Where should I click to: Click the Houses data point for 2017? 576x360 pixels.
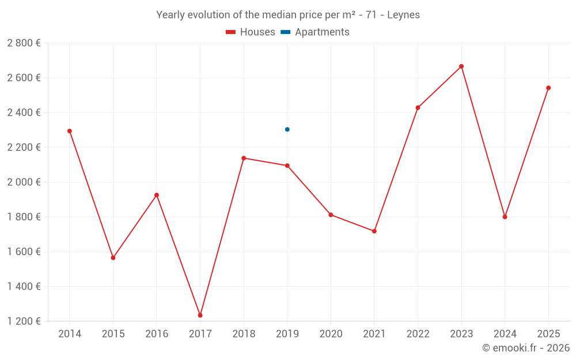[x=200, y=315]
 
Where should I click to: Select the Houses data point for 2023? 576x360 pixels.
[x=461, y=66]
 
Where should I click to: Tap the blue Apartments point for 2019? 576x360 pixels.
[x=287, y=129]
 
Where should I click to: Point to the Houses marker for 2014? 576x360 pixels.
[x=70, y=131]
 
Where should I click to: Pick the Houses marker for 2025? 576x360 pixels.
[x=548, y=88]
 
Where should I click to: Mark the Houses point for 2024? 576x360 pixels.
[x=505, y=217]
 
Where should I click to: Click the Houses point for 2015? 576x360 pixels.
[x=113, y=257]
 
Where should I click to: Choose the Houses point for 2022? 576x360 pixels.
[x=418, y=108]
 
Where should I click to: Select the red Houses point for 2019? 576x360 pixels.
[x=287, y=165]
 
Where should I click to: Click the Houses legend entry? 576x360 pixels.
[x=251, y=32]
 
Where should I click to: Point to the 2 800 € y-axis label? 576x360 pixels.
[x=24, y=43]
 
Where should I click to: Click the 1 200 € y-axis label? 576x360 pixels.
[x=24, y=321]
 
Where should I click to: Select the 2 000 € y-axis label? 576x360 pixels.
[x=24, y=182]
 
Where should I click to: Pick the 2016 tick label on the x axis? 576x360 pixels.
[x=157, y=334]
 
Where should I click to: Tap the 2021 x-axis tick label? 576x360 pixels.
[x=374, y=334]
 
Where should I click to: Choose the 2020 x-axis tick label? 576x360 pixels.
[x=331, y=334]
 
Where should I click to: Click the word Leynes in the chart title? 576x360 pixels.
[x=403, y=15]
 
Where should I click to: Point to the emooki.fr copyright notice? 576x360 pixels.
[x=526, y=348]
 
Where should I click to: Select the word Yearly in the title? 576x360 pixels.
[x=170, y=15]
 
